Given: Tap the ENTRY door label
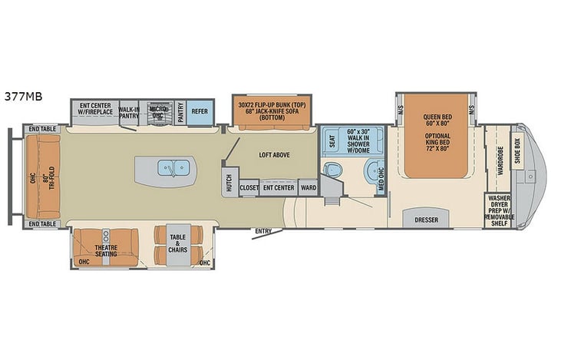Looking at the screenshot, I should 263,231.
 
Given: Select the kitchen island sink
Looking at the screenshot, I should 167,167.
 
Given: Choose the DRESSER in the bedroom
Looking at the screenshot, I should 426,220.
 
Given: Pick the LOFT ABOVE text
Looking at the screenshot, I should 274,155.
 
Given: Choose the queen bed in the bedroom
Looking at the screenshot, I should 435,135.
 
